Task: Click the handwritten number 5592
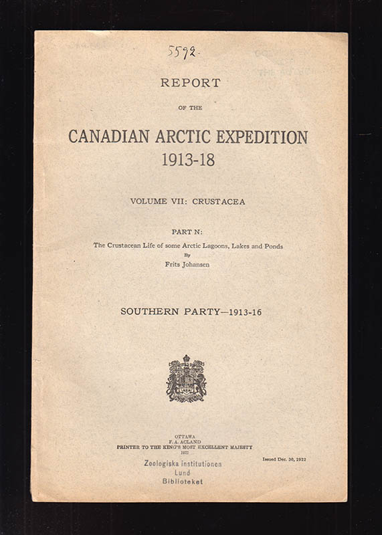(182, 51)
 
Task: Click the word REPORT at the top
(190, 84)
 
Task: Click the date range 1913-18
(188, 160)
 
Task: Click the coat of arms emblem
(187, 379)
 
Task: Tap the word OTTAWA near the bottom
(185, 436)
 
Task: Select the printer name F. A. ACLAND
(185, 441)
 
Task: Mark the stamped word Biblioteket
(182, 481)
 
